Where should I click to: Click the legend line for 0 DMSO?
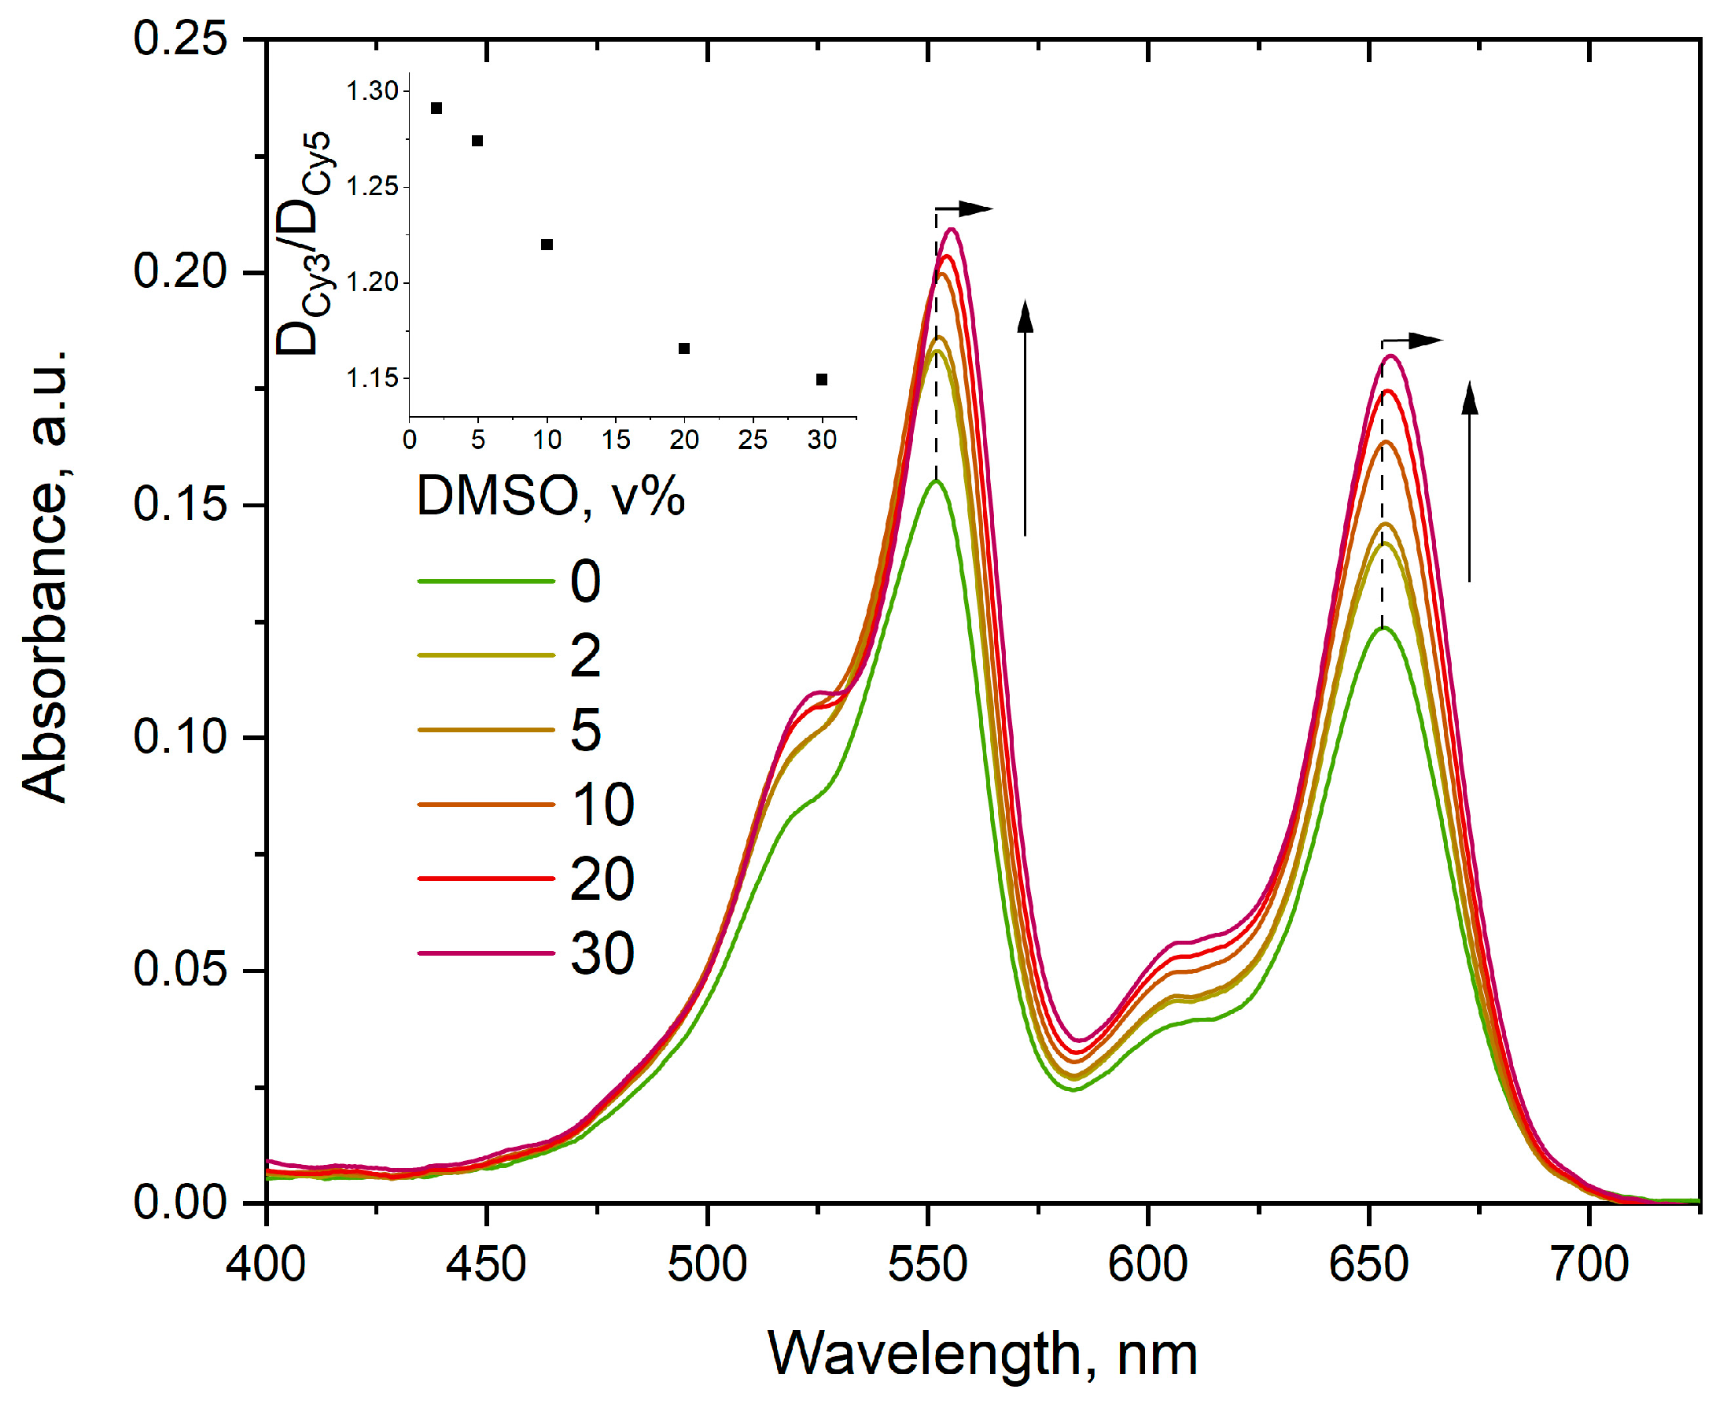click(x=485, y=580)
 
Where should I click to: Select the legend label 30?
click(x=602, y=953)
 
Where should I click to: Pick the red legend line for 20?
click(x=485, y=879)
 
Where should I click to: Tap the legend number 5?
click(x=585, y=729)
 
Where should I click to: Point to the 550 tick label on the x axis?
click(x=927, y=1264)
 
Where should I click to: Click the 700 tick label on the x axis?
click(x=1589, y=1264)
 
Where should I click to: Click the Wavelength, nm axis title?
click(x=981, y=1353)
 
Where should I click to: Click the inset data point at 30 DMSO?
click(x=822, y=379)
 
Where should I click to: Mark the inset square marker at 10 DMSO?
click(x=547, y=245)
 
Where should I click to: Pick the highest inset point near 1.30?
click(x=436, y=109)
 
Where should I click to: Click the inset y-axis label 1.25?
click(x=373, y=187)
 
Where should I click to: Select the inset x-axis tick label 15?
click(x=616, y=440)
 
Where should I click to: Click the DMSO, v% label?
click(x=550, y=495)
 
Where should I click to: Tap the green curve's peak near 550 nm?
click(x=936, y=481)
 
